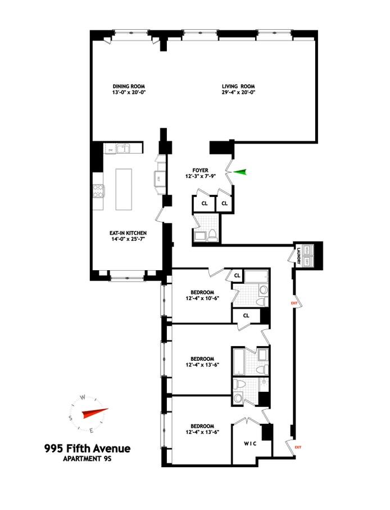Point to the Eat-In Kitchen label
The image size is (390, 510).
point(128,232)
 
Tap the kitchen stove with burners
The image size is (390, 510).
point(98,192)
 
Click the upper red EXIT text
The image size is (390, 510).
point(294,303)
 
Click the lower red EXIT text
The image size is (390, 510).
point(298,448)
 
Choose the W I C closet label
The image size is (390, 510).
point(250,444)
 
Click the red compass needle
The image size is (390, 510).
point(93,414)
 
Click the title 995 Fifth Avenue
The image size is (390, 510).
point(87,449)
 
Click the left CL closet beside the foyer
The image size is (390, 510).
point(205,203)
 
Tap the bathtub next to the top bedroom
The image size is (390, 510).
point(259,277)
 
